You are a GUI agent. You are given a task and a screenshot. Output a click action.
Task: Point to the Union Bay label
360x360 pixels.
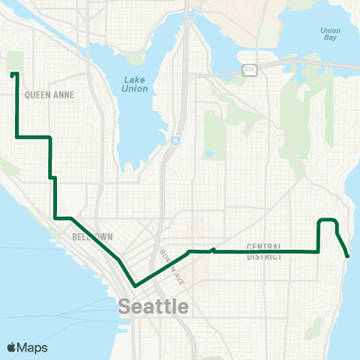(331, 34)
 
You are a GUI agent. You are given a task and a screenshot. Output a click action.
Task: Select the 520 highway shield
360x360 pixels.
(249, 69)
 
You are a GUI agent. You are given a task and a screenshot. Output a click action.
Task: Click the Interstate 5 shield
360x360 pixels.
(175, 139)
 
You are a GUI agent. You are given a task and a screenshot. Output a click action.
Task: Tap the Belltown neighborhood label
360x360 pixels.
(92, 236)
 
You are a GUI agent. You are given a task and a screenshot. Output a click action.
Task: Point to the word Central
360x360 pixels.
(263, 247)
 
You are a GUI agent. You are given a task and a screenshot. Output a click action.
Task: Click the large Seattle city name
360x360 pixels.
(154, 306)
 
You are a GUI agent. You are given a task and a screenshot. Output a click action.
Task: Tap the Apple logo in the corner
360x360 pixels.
(12, 346)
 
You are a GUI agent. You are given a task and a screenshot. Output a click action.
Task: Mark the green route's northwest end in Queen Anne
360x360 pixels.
(13, 74)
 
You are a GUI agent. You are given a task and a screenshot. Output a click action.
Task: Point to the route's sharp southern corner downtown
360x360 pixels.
(135, 286)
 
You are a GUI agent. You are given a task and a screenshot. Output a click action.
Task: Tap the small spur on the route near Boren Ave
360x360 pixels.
(215, 249)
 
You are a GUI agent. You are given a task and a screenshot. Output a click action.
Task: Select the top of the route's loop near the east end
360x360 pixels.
(328, 220)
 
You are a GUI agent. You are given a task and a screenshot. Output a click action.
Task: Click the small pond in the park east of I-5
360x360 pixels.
(208, 155)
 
